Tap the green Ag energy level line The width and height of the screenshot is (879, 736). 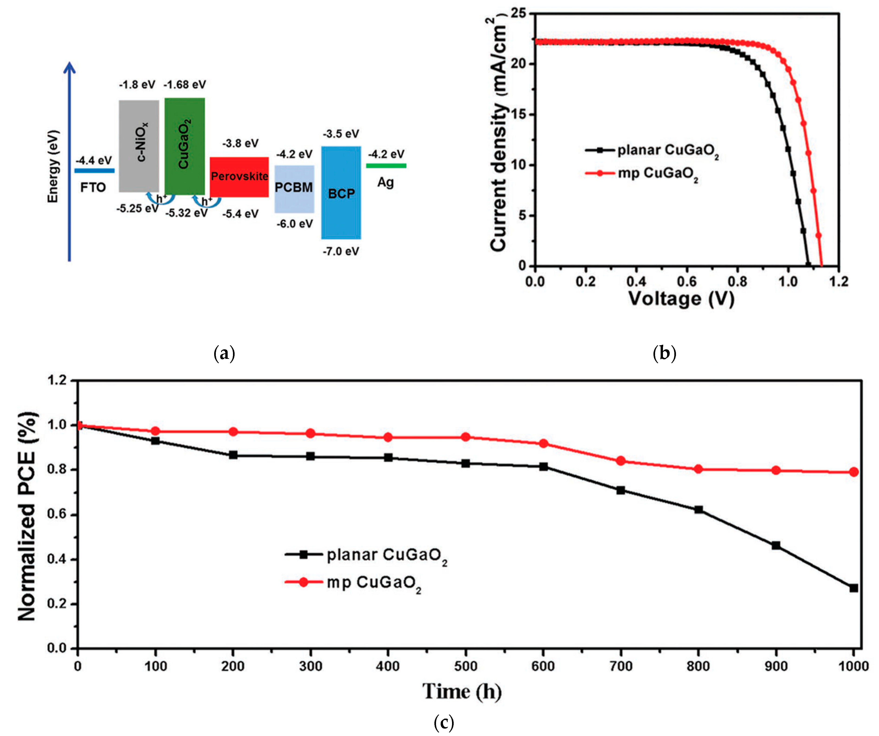[386, 166]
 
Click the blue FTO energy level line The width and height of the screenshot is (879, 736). [94, 170]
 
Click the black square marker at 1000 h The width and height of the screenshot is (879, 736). [853, 588]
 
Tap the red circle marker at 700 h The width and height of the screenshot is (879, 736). [621, 461]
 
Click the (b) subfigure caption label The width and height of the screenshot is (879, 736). [664, 354]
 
